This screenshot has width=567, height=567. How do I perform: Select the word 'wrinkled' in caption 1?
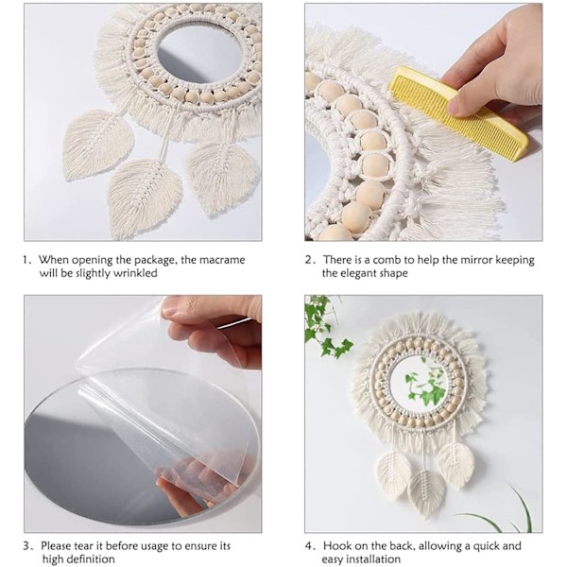[x=135, y=273]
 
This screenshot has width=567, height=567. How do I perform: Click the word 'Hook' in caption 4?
[x=336, y=545]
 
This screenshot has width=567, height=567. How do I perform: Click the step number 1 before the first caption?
[x=26, y=260]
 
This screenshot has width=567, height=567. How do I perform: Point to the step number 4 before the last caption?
[x=308, y=546]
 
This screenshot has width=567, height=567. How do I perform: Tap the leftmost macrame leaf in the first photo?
[x=97, y=144]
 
